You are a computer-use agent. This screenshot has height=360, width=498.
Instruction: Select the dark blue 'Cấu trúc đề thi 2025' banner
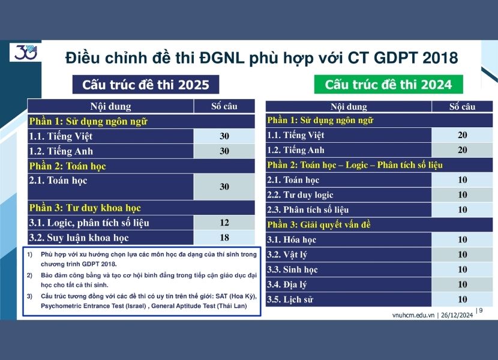pyautogui.click(x=146, y=85)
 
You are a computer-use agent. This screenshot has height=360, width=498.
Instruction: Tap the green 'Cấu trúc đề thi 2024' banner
pyautogui.click(x=388, y=85)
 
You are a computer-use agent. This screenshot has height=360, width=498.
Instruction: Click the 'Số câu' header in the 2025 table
pyautogui.click(x=224, y=107)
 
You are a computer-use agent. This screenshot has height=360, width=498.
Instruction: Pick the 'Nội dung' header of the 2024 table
pyautogui.click(x=349, y=107)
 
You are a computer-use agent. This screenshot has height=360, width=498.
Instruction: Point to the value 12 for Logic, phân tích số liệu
pyautogui.click(x=224, y=223)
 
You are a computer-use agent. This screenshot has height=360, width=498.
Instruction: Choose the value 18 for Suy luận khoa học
pyautogui.click(x=224, y=238)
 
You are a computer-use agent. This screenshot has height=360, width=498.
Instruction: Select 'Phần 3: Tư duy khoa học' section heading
pyautogui.click(x=85, y=208)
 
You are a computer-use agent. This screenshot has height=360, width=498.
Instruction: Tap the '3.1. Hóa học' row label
pyautogui.click(x=292, y=239)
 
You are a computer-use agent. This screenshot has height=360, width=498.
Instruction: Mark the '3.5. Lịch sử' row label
pyautogui.click(x=290, y=299)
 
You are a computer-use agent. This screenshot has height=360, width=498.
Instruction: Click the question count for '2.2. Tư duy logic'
pyautogui.click(x=462, y=194)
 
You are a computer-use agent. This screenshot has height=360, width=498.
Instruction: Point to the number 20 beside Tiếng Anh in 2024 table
pyautogui.click(x=462, y=150)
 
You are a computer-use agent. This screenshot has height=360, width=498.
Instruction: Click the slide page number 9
pyautogui.click(x=480, y=310)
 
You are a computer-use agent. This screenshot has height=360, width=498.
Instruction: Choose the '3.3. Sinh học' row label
pyautogui.click(x=292, y=269)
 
